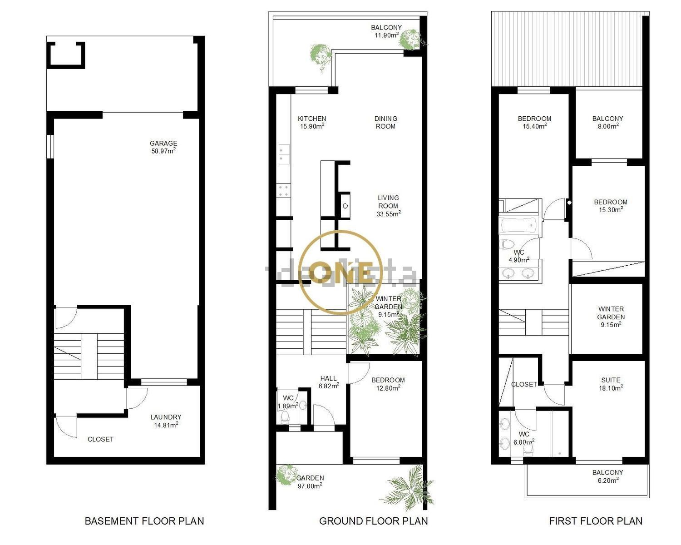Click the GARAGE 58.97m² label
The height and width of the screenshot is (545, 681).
click(163, 147)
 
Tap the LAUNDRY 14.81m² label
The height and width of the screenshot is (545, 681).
click(166, 421)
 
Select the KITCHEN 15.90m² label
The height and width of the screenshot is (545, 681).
click(312, 122)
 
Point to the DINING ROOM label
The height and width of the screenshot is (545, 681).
click(385, 122)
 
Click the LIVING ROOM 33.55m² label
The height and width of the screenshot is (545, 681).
click(388, 206)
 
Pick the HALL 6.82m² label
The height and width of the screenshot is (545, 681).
click(329, 382)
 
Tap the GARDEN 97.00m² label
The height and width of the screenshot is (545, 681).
click(310, 482)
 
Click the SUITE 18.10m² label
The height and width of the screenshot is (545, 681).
click(611, 384)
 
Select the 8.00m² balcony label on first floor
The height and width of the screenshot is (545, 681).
click(607, 122)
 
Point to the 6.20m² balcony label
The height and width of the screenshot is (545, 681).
click(607, 476)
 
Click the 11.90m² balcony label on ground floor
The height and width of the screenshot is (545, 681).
click(386, 31)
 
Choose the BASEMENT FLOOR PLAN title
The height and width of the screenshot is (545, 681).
click(144, 521)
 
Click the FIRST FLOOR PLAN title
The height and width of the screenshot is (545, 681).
click(596, 521)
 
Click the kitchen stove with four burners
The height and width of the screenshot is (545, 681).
click(284, 191)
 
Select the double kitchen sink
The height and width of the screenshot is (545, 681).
click(284, 154)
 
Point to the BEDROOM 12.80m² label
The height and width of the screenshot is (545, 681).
click(388, 384)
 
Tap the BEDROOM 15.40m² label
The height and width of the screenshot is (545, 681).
click(534, 122)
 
